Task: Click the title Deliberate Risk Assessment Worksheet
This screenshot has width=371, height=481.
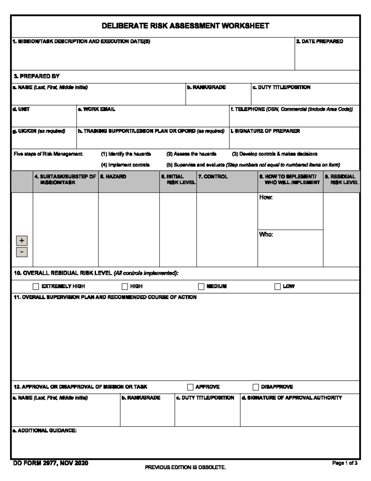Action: coord(185,26)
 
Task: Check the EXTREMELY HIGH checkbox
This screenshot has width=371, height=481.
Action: coord(36,286)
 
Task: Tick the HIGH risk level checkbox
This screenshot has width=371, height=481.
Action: coord(125,286)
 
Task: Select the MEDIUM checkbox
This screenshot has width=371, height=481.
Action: coord(201,286)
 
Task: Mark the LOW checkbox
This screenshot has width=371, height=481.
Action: coord(277,286)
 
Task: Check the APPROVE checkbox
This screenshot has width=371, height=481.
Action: coord(190,387)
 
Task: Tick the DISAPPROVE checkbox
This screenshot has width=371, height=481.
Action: coord(256,387)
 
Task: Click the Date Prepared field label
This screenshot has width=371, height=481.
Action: coord(319,42)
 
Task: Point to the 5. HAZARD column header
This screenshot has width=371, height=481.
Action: coord(113,177)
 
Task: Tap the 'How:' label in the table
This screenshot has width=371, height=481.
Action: coord(266,197)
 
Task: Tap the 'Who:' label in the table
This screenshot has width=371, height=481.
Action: coord(266,234)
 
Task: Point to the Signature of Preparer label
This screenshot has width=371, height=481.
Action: coord(265,131)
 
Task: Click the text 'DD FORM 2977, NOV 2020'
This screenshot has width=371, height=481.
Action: coord(51,463)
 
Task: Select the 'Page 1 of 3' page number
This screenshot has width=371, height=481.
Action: coord(345,463)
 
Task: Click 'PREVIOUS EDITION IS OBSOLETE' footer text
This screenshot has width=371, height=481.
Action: coord(185,467)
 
